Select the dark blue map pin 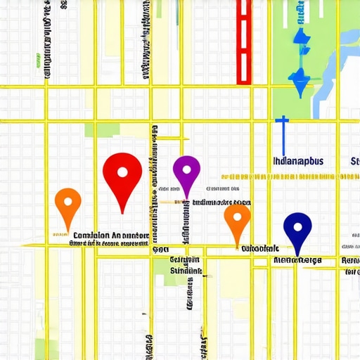[297, 229]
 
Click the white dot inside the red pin [122, 172]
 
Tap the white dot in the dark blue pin [297, 226]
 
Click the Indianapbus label [297, 160]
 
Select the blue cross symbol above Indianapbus [281, 131]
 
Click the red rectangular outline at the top [243, 42]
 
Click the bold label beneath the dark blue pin [297, 260]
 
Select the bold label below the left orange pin [103, 236]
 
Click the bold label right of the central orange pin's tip [260, 248]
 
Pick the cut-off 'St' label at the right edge [354, 161]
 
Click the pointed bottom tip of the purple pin [187, 198]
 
